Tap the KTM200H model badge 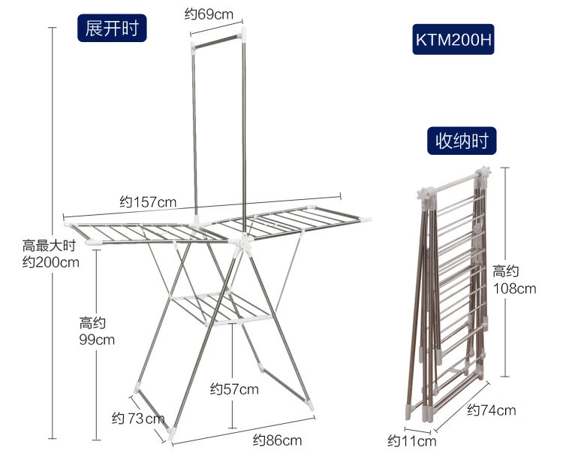point(454,38)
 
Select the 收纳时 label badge point(462,141)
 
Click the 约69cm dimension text point(209,14)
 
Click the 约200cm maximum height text point(50,262)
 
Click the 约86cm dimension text point(277,440)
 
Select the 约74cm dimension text point(492,410)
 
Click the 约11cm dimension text point(411,441)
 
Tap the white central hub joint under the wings point(242,244)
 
